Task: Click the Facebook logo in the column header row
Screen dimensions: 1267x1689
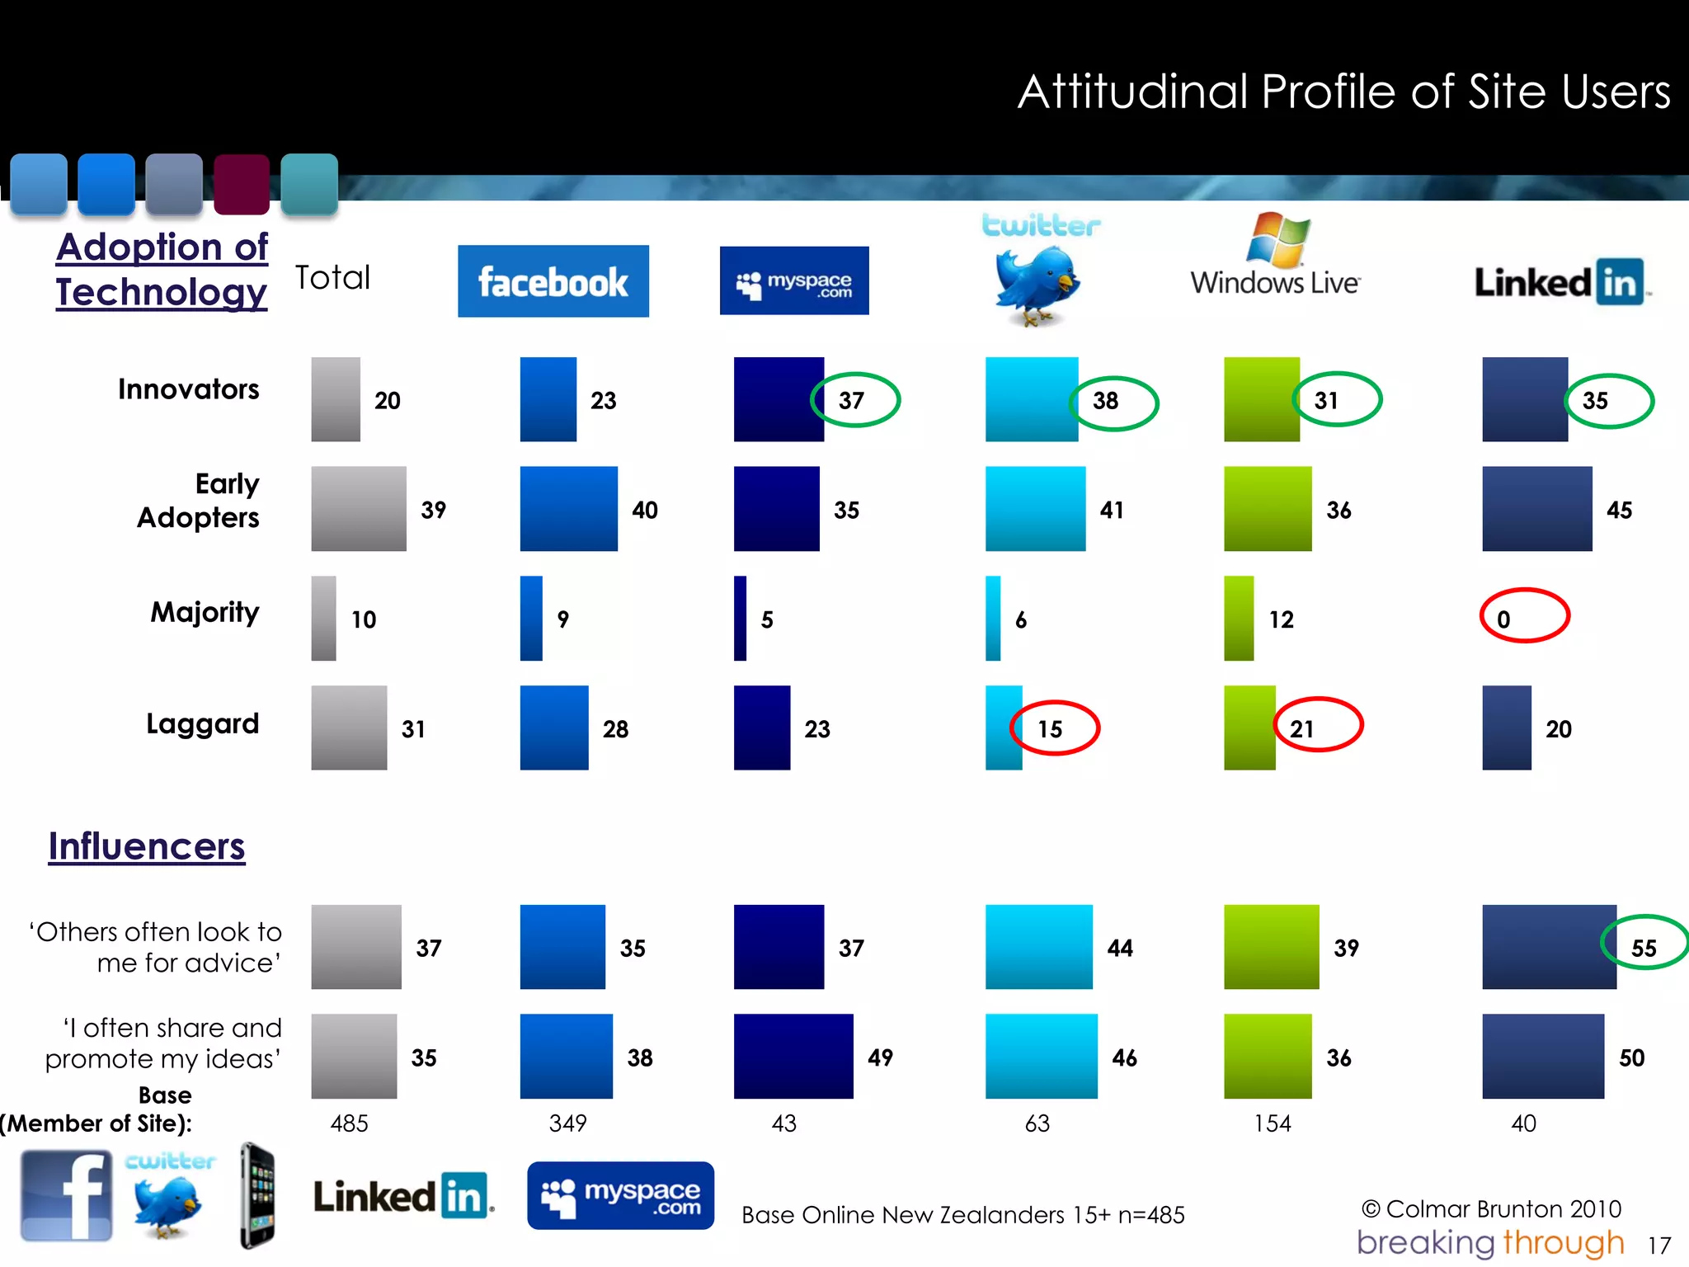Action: (553, 281)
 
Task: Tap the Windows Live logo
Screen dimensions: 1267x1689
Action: (1275, 256)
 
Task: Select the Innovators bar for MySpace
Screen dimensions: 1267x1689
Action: (778, 399)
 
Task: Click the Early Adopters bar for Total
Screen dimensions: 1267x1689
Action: (358, 508)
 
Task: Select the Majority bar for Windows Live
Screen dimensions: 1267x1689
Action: (1238, 618)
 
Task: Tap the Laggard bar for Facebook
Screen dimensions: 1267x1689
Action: (553, 728)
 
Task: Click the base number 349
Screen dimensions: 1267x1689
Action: (567, 1123)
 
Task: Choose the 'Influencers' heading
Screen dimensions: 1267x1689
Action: (147, 847)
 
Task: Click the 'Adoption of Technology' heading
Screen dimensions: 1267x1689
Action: (162, 270)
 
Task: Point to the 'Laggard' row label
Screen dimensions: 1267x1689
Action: (202, 724)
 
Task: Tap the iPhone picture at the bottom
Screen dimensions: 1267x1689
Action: (257, 1195)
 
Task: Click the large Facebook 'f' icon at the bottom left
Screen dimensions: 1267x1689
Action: (66, 1195)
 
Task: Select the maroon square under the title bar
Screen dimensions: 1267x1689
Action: (241, 184)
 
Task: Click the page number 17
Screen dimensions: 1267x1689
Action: (1658, 1245)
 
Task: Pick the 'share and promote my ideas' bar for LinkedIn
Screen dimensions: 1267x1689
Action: (1542, 1056)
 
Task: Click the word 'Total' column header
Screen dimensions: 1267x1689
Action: (332, 278)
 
